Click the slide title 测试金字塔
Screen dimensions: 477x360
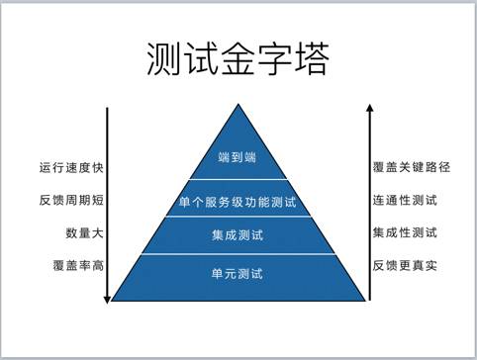(237, 59)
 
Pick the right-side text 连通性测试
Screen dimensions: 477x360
(406, 201)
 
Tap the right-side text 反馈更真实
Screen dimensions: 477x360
(406, 266)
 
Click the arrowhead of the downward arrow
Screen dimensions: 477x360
(106, 294)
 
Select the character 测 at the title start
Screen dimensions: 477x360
(164, 59)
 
